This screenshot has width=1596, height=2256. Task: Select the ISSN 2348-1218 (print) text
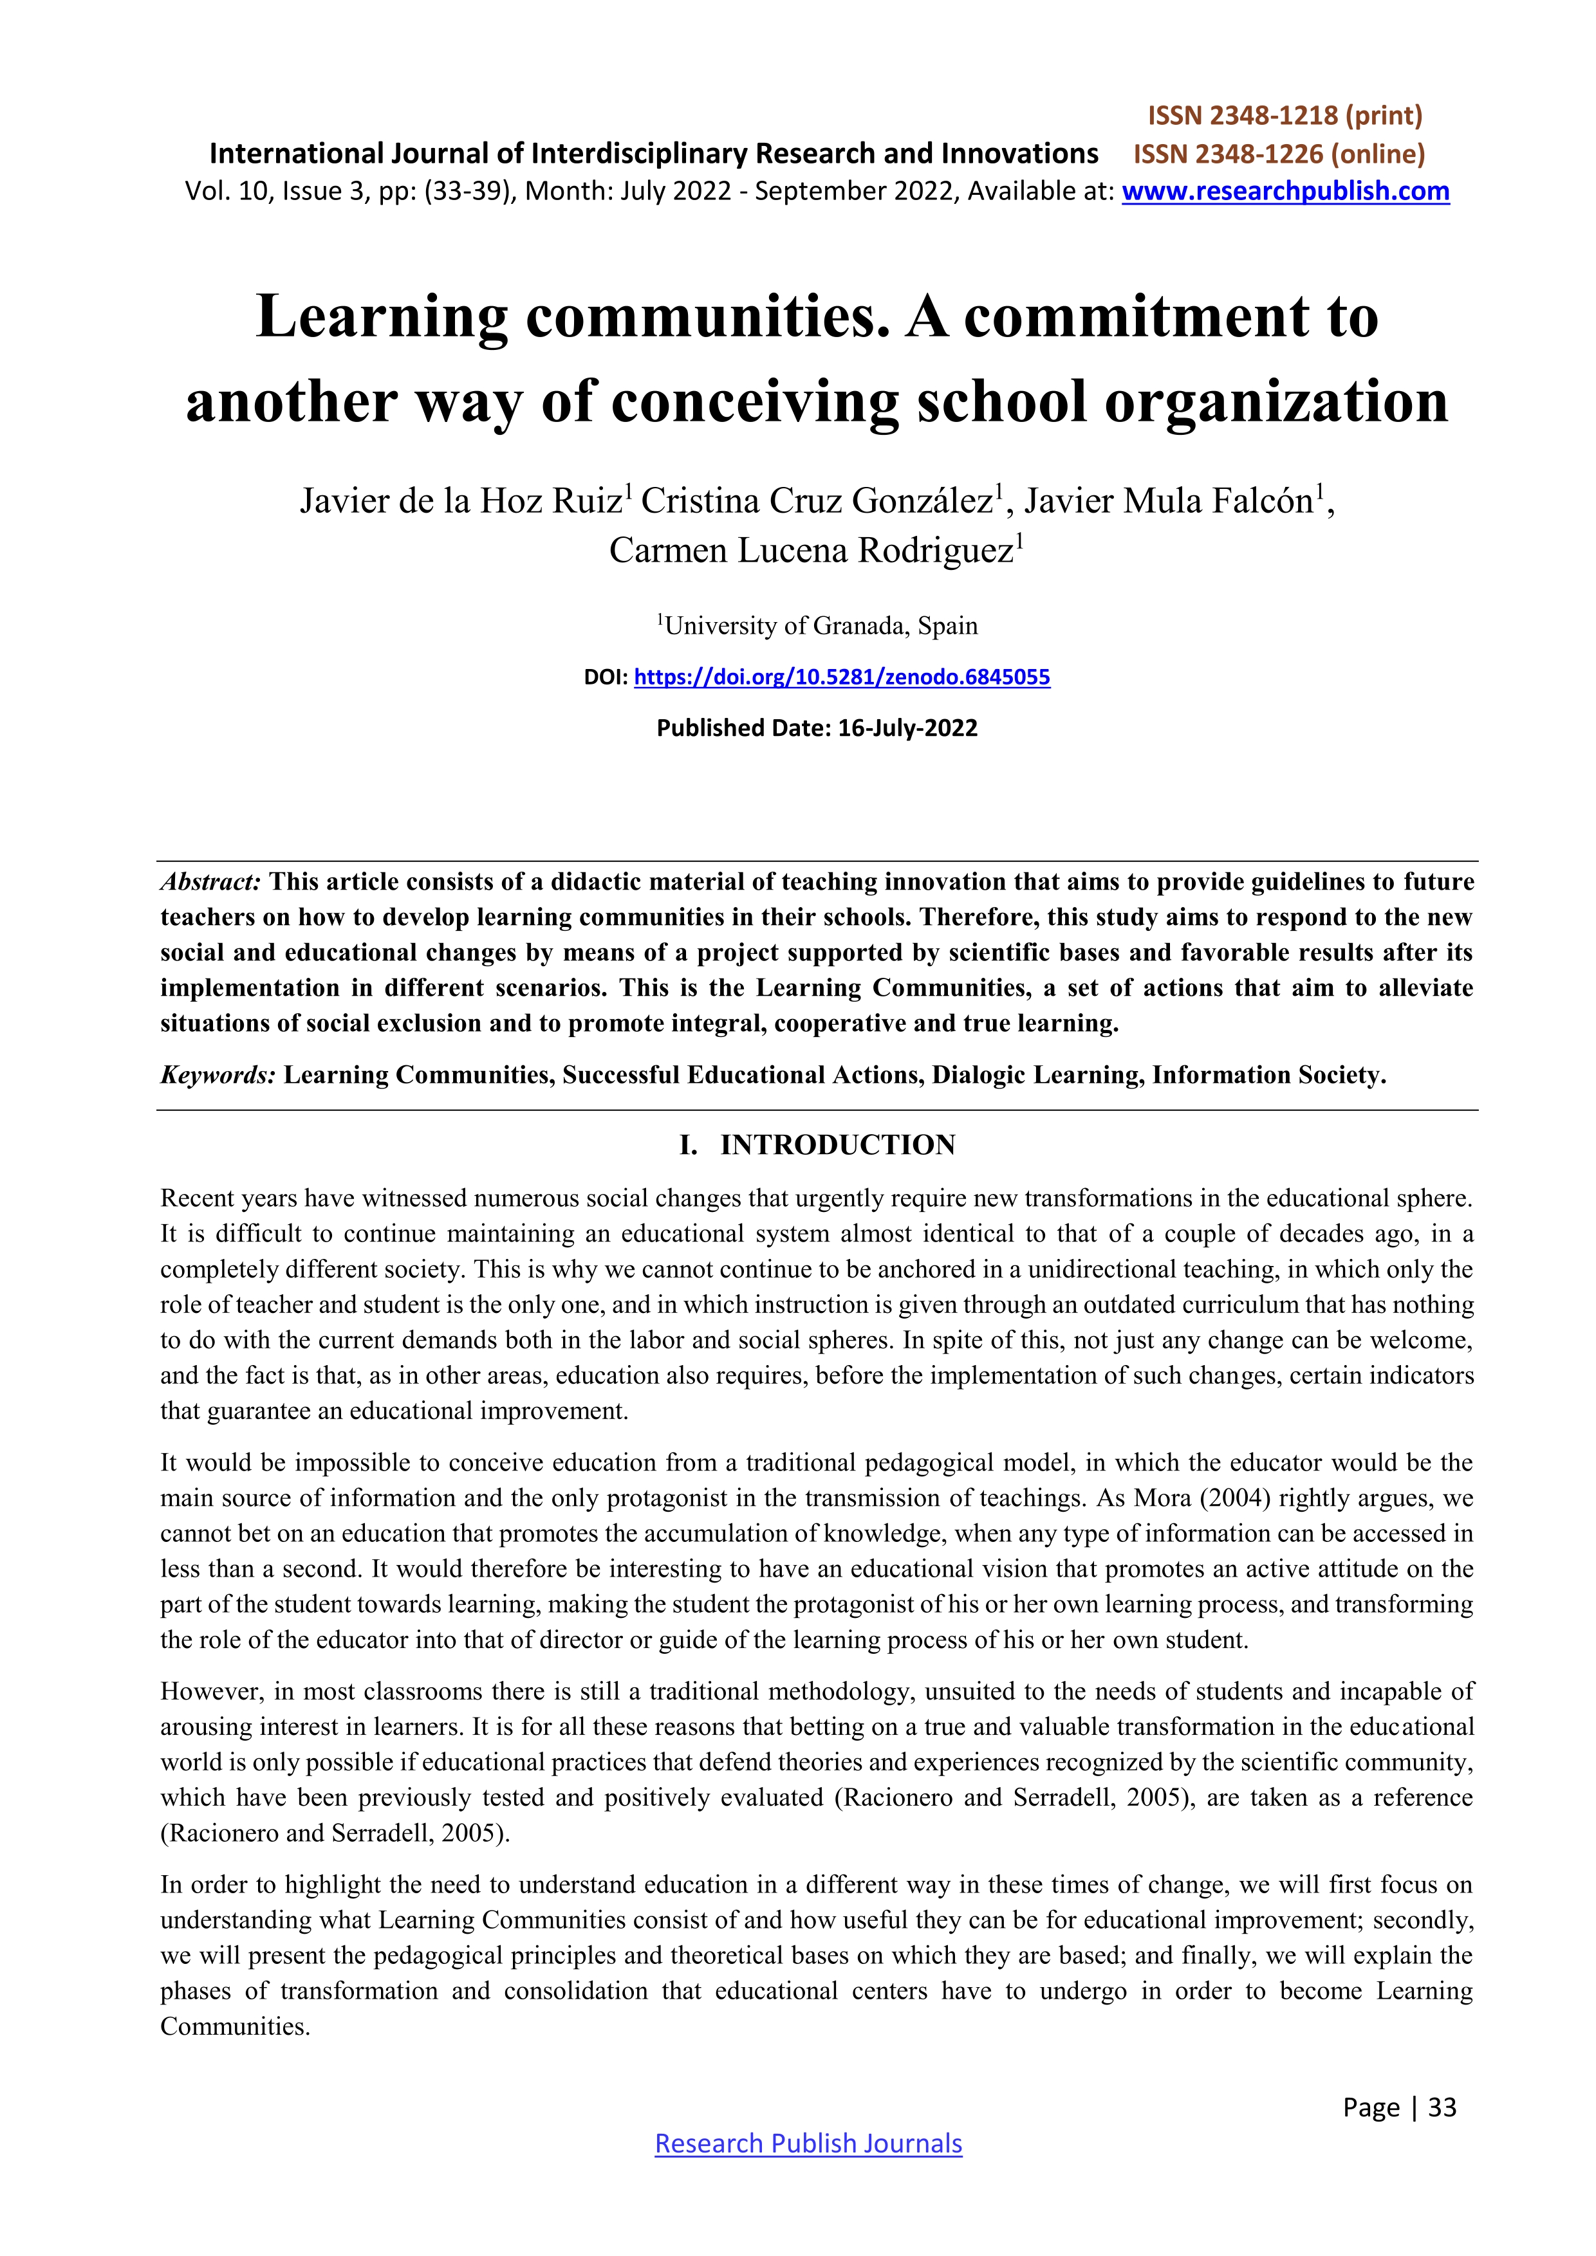click(x=1285, y=116)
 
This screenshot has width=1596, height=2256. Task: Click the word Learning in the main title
click(x=382, y=318)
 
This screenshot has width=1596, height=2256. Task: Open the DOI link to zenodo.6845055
click(x=842, y=677)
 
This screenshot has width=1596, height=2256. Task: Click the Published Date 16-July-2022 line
click(x=817, y=728)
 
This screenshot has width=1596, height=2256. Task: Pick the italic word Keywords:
click(x=217, y=1075)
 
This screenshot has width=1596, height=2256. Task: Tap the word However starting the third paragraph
click(x=209, y=1691)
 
